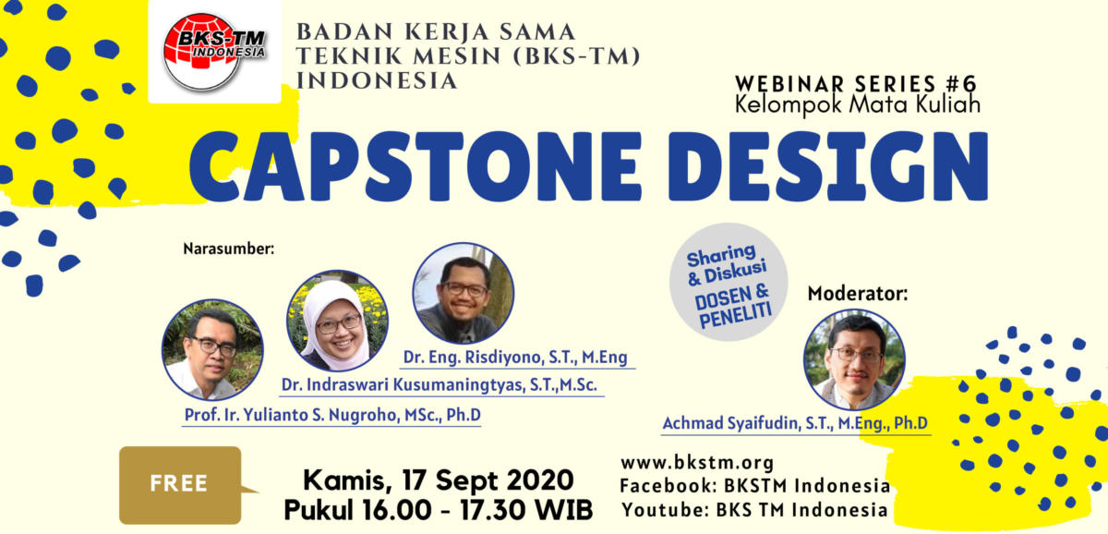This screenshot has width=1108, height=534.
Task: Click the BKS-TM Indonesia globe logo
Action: point(214,52)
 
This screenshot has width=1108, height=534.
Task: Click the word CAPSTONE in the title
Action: point(415,166)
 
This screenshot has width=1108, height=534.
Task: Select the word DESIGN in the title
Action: point(828,166)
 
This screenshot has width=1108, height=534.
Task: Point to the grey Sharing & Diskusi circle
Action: point(729,282)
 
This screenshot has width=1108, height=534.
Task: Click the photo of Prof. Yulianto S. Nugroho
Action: point(212,349)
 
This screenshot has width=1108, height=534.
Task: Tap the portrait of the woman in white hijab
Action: point(337,321)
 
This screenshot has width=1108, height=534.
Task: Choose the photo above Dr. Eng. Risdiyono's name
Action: point(463,293)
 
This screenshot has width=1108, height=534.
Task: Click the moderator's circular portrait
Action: point(854,359)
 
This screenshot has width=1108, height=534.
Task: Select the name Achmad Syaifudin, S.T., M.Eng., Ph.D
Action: point(795,423)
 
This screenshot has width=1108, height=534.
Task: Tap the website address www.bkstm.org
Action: point(697,463)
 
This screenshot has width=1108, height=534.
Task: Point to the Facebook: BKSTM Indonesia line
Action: point(755,486)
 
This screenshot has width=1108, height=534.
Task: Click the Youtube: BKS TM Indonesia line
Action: point(754,510)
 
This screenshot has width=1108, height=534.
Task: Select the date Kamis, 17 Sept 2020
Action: point(439,480)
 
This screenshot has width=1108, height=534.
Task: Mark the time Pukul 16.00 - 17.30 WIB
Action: point(439,510)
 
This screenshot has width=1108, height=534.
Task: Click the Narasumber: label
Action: point(229,249)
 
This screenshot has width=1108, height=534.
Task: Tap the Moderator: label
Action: point(858,294)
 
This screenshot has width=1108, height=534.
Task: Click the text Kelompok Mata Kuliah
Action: point(858,105)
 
